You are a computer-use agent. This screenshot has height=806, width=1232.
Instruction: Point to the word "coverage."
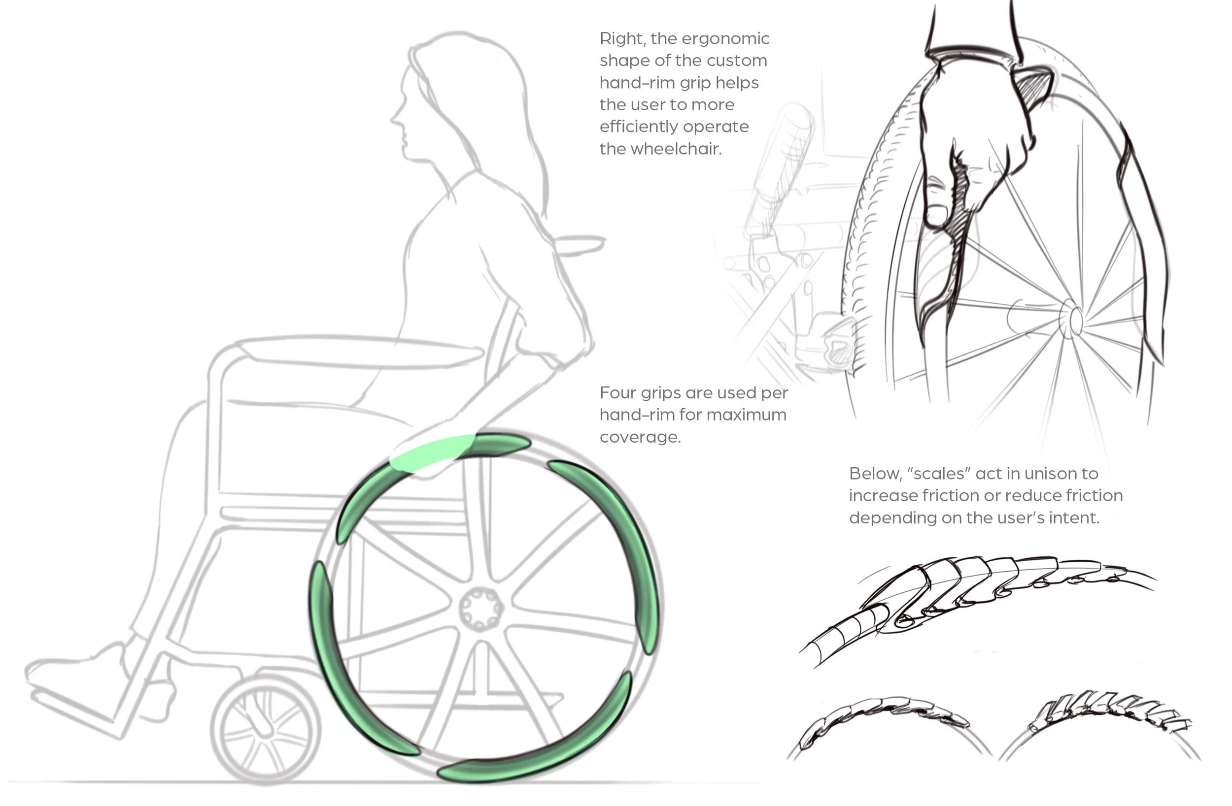click(640, 437)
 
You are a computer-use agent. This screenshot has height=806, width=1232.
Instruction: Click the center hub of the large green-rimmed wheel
click(480, 610)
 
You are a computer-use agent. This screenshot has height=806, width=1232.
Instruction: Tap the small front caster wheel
click(266, 731)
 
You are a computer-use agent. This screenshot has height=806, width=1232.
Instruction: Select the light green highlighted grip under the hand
click(432, 452)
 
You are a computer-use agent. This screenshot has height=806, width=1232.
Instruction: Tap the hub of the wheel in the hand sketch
click(1074, 320)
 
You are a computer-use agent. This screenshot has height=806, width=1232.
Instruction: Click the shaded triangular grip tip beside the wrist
click(1033, 85)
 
